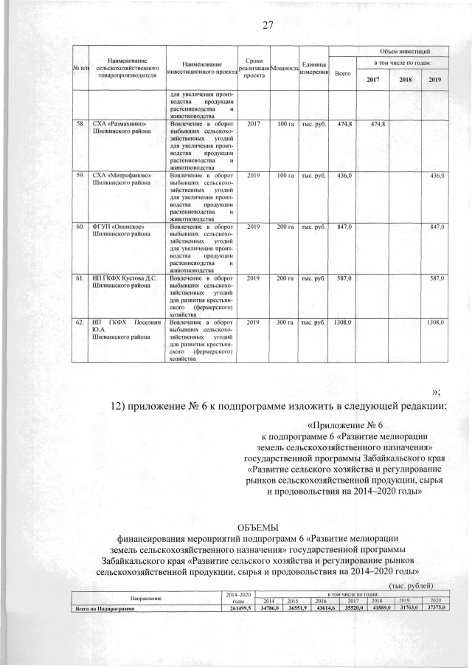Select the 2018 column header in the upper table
point(406,80)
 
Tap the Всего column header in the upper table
point(343,74)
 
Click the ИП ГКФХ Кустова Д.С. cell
point(122,278)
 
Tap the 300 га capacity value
point(285,323)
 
